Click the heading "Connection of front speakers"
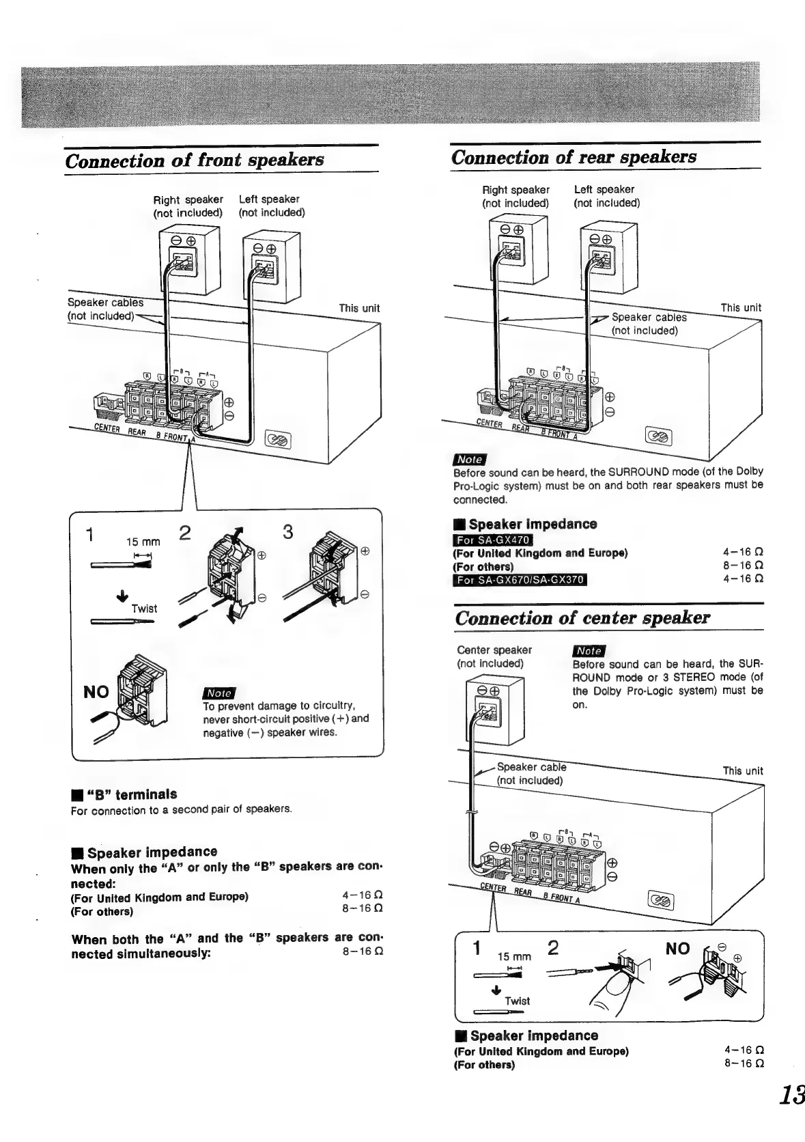[194, 160]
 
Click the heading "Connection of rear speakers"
[574, 157]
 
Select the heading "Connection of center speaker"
[582, 617]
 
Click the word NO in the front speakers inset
[96, 692]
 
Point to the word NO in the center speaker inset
[677, 949]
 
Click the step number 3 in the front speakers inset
[287, 532]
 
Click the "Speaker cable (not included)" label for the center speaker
[531, 773]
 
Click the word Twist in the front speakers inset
[144, 609]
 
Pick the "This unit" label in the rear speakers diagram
[741, 307]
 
